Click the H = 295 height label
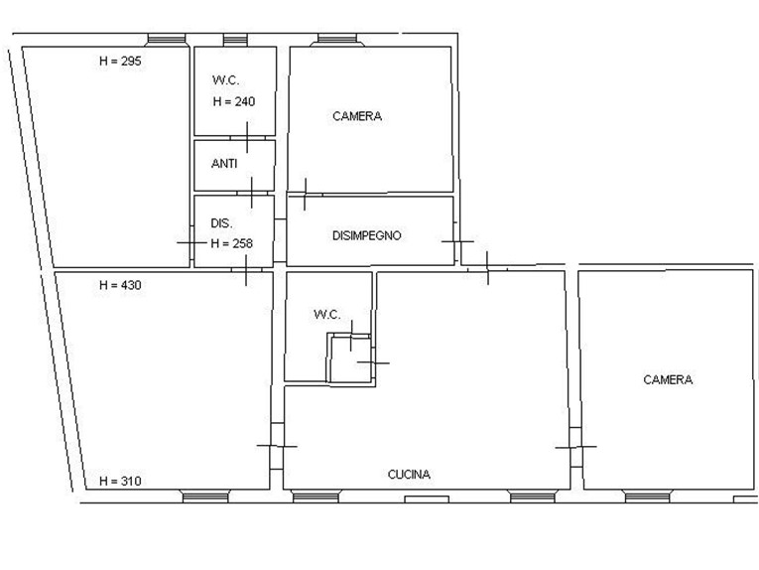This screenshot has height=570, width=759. [120, 61]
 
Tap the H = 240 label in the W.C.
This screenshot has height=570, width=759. [234, 101]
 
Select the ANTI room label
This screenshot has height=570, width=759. [224, 164]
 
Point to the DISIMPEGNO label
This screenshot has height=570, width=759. [367, 236]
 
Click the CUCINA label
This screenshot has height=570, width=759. [409, 475]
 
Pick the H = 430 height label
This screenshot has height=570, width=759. [120, 285]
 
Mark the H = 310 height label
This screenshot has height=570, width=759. [120, 482]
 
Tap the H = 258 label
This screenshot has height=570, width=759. [232, 243]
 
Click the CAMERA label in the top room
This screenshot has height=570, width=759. [357, 116]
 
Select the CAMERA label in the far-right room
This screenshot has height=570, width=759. [668, 379]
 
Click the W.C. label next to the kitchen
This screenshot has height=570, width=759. [327, 315]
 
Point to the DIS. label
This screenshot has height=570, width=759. [221, 223]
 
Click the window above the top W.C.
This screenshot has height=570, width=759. [235, 40]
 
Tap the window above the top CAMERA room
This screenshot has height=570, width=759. [337, 40]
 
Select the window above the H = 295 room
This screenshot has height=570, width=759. [166, 40]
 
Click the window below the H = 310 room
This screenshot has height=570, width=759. [205, 497]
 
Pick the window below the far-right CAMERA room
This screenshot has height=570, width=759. [647, 497]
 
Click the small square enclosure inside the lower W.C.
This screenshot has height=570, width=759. [350, 358]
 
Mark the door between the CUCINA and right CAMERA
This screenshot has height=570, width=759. [575, 447]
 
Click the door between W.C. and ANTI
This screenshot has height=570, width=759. [247, 138]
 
